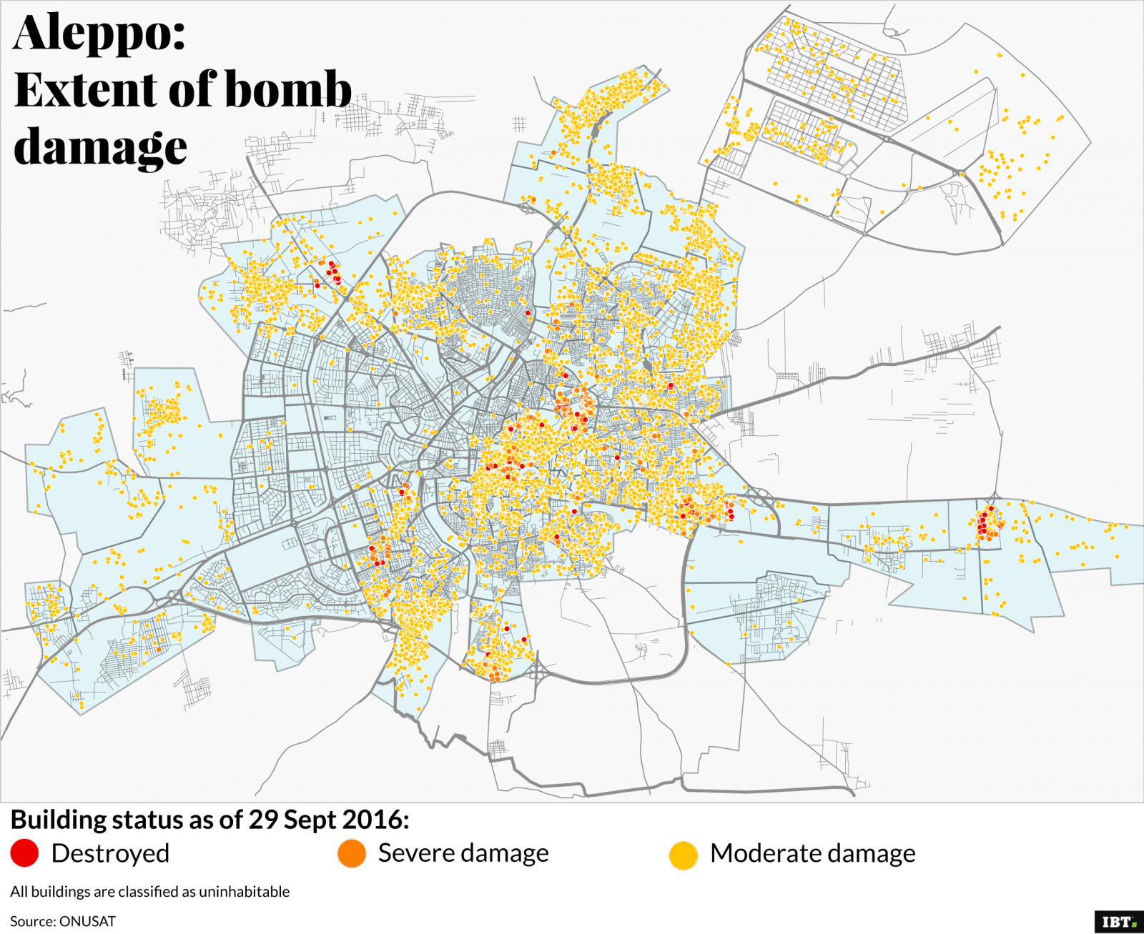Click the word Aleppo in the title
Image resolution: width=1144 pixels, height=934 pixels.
99,33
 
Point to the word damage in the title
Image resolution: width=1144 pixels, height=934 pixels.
100,147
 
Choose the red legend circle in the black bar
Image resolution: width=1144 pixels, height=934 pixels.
24,853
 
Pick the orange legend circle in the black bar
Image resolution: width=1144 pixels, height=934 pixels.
352,853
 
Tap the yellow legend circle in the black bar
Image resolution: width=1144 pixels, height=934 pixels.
684,855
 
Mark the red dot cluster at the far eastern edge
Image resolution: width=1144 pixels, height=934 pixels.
987,522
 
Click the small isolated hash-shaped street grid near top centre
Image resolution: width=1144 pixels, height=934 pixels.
519,124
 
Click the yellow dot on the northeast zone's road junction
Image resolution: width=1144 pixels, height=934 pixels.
962,174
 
